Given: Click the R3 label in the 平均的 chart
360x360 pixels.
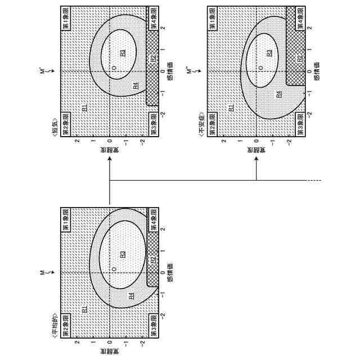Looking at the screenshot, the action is pos(123,254).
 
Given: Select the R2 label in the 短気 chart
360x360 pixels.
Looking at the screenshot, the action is pos(153,58).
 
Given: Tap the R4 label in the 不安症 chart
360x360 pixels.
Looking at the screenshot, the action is pos(279,94).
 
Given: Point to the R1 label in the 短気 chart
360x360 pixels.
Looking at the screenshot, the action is pos(85,107).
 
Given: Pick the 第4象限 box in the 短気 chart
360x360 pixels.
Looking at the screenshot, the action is pos(154,19).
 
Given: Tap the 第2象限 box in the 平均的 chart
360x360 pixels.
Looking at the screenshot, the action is pos(66,326).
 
